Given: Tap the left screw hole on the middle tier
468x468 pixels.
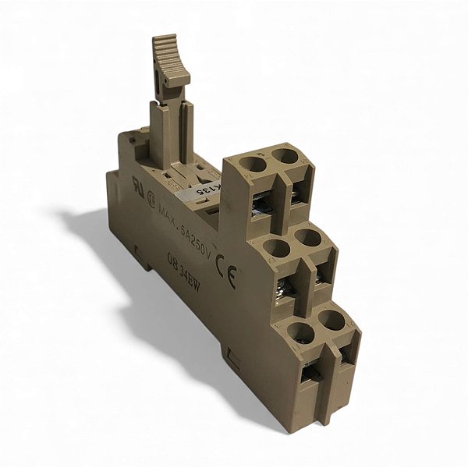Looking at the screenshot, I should click(274, 249).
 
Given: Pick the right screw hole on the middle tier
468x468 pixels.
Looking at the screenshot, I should click(307, 238).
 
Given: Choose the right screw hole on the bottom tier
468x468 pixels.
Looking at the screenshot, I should click(331, 319).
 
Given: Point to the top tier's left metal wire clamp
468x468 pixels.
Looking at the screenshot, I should click(261, 205).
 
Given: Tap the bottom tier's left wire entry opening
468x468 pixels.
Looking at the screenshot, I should click(310, 374).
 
